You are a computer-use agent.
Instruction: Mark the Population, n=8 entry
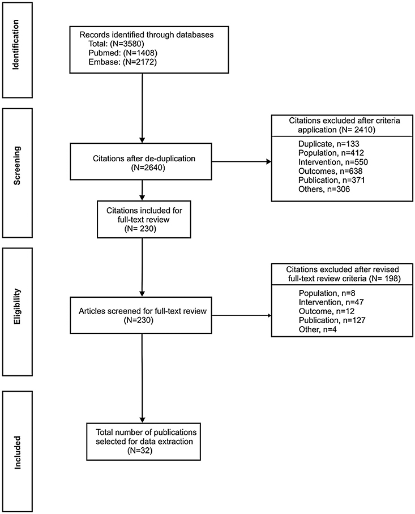pyautogui.click(x=320, y=294)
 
